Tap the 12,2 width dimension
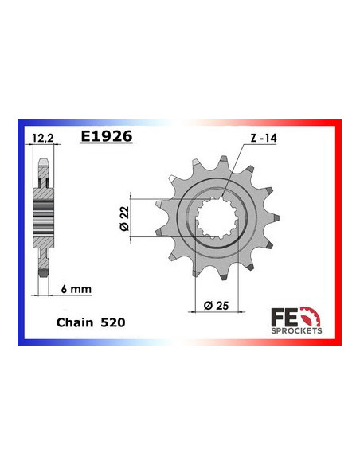45,136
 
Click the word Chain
72,323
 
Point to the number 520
112,323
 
